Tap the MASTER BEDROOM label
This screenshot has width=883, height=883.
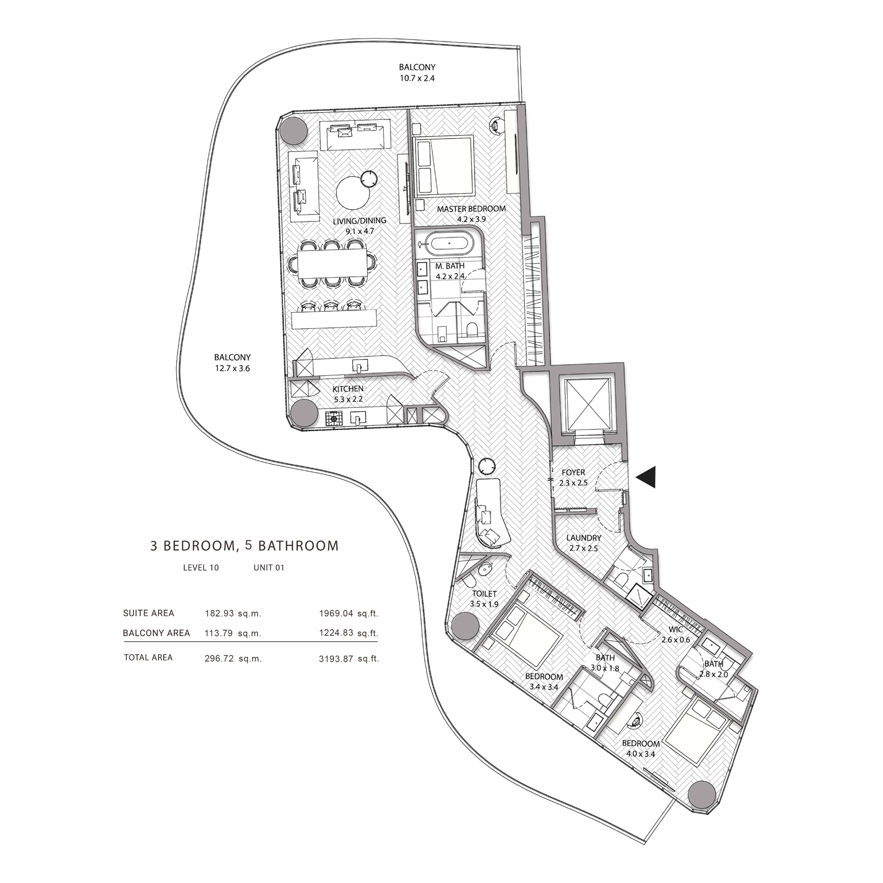pos(471,209)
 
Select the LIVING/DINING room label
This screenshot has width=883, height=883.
pos(359,220)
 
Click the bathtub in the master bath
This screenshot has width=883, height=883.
pos(450,243)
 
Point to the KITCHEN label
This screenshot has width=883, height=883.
pos(348,389)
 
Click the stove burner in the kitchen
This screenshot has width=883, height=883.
pos(334,418)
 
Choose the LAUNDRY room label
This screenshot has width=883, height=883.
pos(584,538)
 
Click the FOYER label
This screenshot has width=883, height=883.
pos(573,472)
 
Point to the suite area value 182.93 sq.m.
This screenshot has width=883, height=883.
pos(233,613)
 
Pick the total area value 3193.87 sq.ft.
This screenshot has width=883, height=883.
pos(349,659)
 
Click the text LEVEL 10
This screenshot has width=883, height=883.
pos(201,568)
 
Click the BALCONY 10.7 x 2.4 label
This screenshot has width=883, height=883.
pos(417,73)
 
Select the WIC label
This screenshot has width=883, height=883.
pos(676,629)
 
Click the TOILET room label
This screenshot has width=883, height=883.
pos(484,594)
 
